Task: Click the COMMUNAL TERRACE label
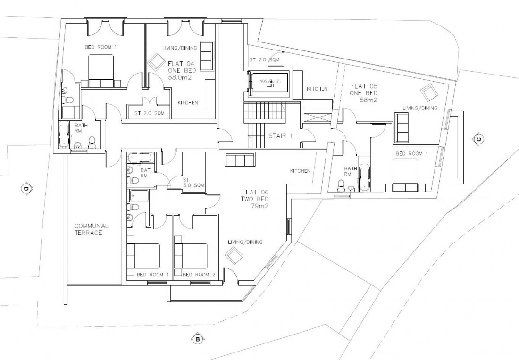[91, 229]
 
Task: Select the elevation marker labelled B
[197, 339]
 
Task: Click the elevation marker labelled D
[25, 189]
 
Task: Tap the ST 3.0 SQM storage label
[193, 183]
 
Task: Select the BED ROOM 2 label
[199, 275]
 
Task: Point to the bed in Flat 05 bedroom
[405, 175]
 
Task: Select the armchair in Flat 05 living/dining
[428, 92]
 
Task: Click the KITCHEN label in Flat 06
[300, 171]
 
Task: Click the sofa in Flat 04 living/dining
[206, 57]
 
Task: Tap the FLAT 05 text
[362, 86]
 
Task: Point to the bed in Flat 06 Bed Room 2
[191, 255]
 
